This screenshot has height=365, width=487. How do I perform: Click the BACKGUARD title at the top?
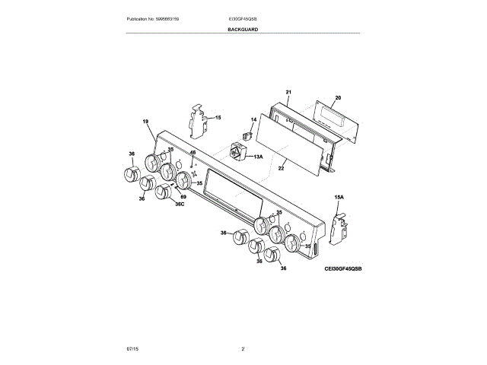pos(243,29)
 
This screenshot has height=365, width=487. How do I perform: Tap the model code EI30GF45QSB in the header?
pos(243,17)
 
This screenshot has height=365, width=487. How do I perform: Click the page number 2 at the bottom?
pos(243,348)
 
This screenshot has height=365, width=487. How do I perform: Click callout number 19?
pos(145,122)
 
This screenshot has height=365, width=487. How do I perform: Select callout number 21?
pos(288,93)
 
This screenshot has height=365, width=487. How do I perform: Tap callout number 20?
pos(338,98)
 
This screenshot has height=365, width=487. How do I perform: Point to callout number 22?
pos(281,169)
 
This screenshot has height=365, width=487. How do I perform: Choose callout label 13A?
pos(257,157)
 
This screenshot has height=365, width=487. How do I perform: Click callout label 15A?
pos(339,197)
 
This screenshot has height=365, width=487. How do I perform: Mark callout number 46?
pos(193,153)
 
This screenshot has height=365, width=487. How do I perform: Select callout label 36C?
pos(180,203)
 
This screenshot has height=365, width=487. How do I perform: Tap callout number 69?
pos(183,196)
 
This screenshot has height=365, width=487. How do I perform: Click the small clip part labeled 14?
pos(246,135)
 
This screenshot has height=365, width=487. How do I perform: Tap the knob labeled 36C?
pos(163,190)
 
